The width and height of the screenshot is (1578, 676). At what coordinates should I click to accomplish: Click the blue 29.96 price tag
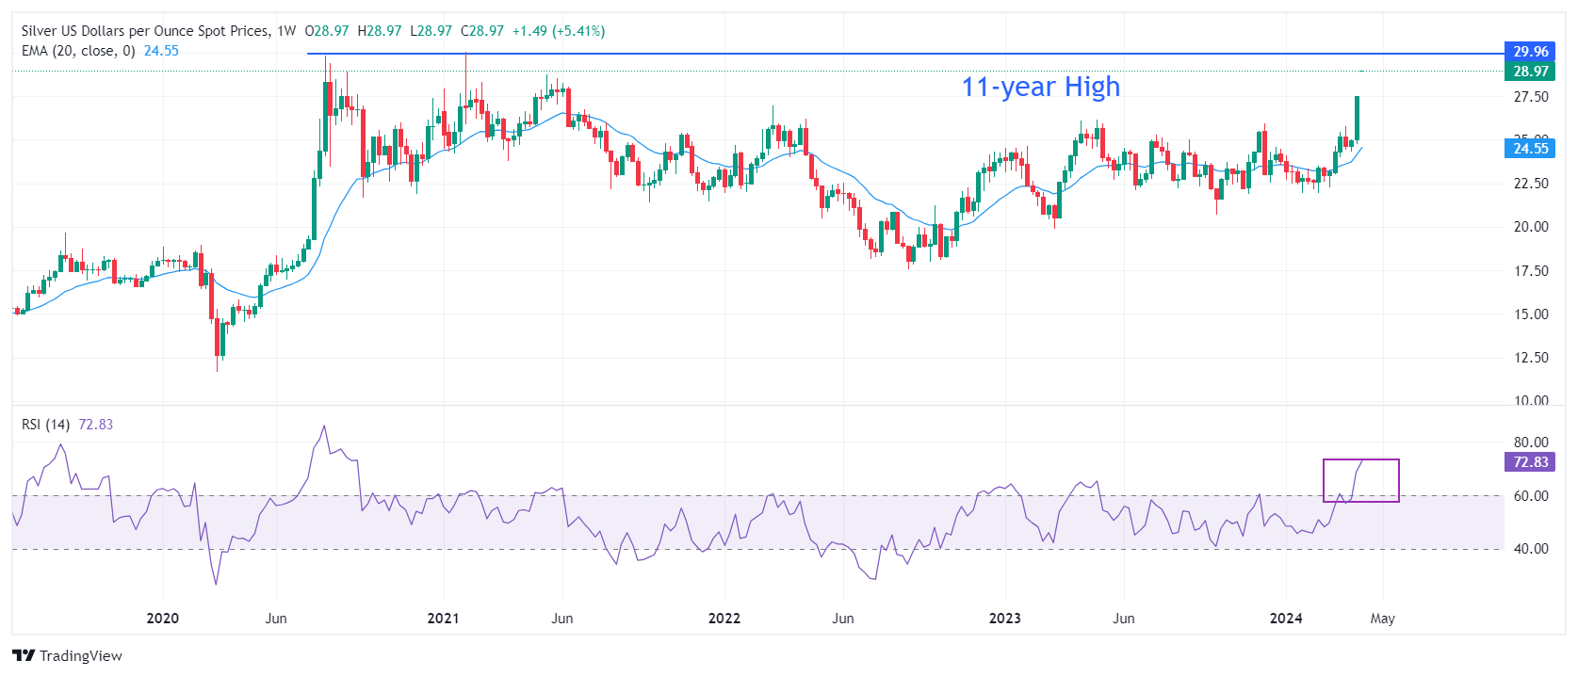click(1530, 52)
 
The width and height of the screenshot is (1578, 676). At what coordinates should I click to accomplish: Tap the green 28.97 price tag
click(1530, 72)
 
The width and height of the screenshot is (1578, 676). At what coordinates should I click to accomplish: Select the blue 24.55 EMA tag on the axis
click(1530, 148)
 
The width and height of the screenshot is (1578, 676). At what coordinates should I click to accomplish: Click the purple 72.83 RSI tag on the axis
click(1530, 462)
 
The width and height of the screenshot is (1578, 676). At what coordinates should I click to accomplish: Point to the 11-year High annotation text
click(1040, 87)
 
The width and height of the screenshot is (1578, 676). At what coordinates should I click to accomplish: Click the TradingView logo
click(67, 656)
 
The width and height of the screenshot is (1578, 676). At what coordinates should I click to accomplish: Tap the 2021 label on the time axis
click(443, 619)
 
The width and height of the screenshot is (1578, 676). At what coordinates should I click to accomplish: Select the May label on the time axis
click(1382, 619)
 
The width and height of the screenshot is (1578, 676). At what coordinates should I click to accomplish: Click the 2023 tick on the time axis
click(1004, 619)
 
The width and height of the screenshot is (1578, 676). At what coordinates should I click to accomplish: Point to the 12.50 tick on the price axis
click(1530, 358)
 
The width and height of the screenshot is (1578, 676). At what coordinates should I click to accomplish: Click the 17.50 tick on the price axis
click(1530, 271)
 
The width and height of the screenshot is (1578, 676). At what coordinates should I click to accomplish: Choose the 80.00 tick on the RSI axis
click(1530, 443)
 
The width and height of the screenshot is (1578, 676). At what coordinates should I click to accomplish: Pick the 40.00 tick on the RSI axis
click(1530, 549)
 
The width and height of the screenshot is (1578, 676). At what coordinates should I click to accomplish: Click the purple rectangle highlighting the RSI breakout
click(1361, 480)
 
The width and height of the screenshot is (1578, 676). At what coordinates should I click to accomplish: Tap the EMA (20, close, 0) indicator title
click(78, 51)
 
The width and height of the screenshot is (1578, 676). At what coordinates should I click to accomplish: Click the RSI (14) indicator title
click(45, 425)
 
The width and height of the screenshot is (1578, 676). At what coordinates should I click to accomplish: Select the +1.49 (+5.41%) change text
click(558, 31)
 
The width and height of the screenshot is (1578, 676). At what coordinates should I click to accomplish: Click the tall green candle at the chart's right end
click(1357, 118)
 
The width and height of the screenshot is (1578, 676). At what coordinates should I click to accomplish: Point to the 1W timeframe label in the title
click(286, 31)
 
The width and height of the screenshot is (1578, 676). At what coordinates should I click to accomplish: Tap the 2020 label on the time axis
click(162, 619)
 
